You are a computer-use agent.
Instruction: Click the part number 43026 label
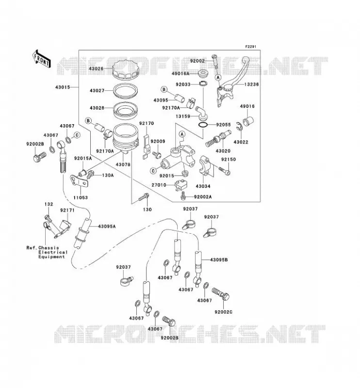96,68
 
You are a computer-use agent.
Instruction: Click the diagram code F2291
250,47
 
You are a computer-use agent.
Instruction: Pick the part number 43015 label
63,87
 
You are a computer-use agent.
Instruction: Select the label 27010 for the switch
159,185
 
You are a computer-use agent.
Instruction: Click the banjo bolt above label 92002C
221,294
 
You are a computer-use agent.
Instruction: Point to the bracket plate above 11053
79,181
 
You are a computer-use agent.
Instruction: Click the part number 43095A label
107,226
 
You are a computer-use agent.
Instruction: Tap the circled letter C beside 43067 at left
77,135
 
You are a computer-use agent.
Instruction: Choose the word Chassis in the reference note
49,248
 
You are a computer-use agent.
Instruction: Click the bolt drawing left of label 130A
91,175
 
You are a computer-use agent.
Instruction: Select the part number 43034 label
203,186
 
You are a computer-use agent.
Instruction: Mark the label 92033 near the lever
183,84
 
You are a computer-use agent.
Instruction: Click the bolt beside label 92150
224,171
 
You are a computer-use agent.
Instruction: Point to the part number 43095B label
219,260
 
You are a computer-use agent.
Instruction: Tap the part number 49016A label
180,74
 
